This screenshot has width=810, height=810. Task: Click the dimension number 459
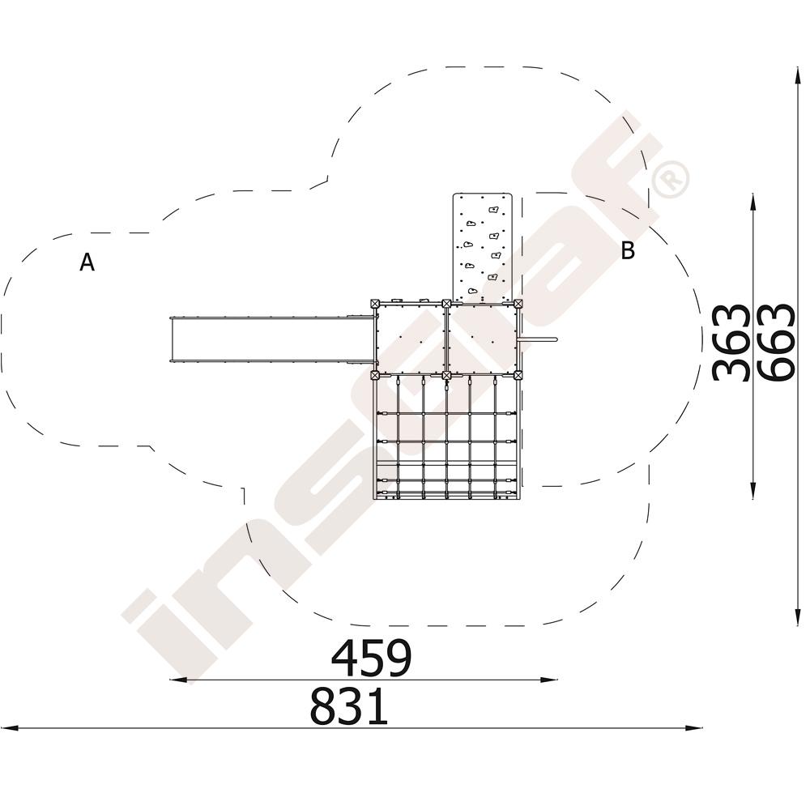(371, 658)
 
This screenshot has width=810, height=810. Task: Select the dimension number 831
(349, 706)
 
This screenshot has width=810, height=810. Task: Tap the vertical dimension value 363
(731, 343)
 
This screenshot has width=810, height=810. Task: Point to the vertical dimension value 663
(776, 342)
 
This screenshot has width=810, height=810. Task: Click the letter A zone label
(87, 262)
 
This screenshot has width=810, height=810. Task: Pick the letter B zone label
(628, 250)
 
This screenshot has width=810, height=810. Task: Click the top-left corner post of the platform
(376, 304)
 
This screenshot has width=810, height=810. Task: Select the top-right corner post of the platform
(518, 304)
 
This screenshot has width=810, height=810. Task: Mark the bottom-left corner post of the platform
(376, 375)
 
